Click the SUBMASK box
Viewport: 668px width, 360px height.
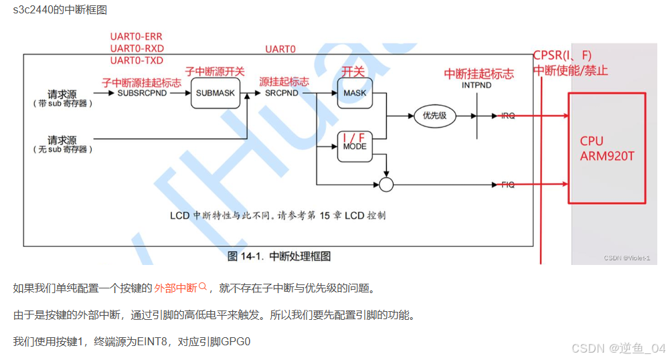[216, 93]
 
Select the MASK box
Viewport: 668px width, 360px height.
[355, 93]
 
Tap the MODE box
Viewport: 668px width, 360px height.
[355, 147]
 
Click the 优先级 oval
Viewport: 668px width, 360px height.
[434, 116]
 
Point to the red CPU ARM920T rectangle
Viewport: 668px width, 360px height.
[607, 148]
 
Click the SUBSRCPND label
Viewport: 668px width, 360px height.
[142, 93]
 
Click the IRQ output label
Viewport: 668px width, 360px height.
[508, 116]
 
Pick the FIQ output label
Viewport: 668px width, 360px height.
[508, 184]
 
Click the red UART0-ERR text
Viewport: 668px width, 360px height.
[136, 36]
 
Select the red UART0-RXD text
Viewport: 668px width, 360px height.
[137, 48]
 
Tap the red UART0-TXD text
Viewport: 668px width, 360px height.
[137, 60]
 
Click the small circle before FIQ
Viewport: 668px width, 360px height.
[386, 184]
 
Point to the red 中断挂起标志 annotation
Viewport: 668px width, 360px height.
[479, 74]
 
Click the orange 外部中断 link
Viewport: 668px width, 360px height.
[175, 288]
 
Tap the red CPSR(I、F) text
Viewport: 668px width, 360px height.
[562, 56]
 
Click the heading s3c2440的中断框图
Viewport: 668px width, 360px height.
[60, 10]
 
